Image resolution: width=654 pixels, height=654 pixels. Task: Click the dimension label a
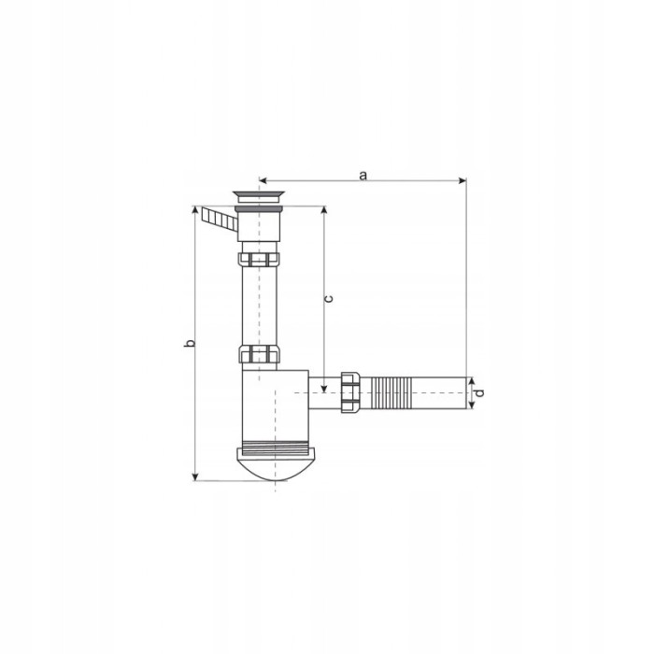coord(363,176)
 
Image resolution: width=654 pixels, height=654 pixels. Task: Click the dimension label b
coord(190,343)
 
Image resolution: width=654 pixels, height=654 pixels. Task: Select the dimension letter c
coord(329,299)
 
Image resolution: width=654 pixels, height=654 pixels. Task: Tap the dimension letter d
coord(479,392)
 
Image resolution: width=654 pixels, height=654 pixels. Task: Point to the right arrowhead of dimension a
coord(462,180)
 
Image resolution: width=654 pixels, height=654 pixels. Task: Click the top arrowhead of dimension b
coord(194,210)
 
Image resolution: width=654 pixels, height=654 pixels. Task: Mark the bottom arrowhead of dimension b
coord(194,476)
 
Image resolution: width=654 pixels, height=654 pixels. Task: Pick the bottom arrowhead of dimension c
coord(324,389)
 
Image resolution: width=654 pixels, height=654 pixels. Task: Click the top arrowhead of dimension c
coord(324,210)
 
